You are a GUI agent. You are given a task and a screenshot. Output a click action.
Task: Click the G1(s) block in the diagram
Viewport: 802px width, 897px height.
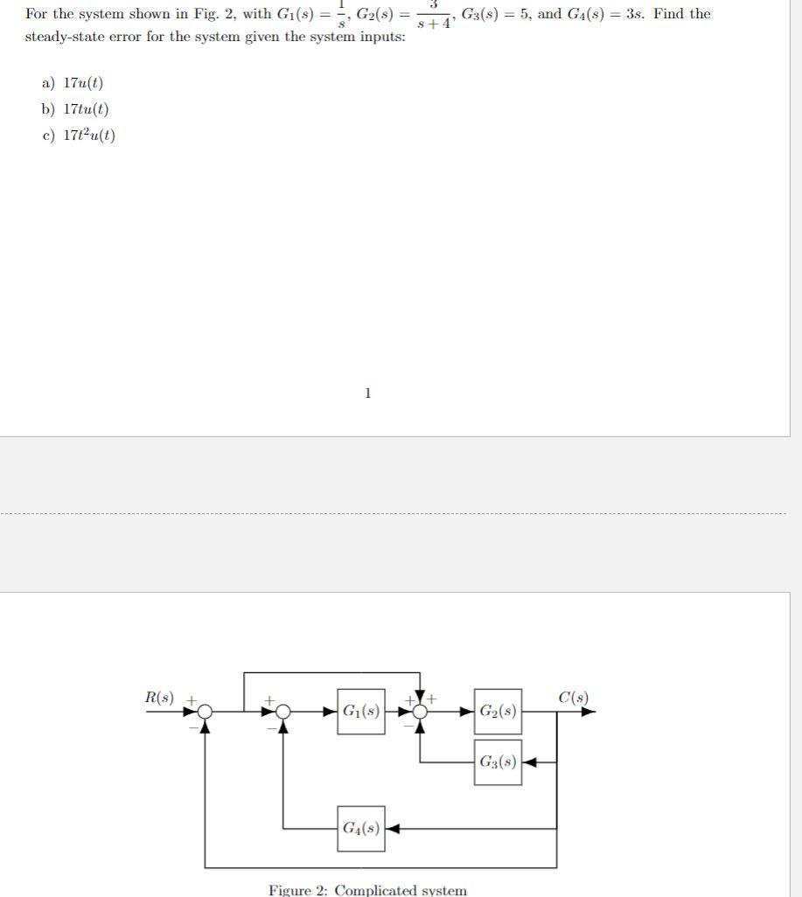click(360, 711)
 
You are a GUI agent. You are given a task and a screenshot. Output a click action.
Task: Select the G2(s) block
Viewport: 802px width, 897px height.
click(498, 712)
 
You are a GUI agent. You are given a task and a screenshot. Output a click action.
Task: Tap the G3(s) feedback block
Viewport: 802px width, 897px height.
click(498, 761)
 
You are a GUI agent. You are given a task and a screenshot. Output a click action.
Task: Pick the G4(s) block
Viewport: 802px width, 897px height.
click(360, 828)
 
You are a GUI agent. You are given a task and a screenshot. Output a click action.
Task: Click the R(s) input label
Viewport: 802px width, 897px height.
click(159, 698)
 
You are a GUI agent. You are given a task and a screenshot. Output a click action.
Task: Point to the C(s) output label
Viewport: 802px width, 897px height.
click(573, 698)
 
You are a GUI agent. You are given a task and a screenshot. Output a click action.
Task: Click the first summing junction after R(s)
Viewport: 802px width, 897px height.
click(205, 712)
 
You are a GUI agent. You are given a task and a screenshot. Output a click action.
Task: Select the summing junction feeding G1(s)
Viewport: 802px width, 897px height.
click(282, 712)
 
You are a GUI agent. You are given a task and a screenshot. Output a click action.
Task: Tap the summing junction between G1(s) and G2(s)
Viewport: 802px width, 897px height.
click(421, 712)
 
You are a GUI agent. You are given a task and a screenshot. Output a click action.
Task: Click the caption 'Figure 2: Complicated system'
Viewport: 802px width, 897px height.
click(367, 890)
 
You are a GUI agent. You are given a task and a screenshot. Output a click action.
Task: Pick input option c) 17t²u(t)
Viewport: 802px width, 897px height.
click(79, 136)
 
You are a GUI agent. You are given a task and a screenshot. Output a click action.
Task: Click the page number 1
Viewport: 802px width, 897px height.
click(367, 393)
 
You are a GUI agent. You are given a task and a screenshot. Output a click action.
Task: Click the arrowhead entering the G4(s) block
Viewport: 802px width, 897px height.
click(392, 828)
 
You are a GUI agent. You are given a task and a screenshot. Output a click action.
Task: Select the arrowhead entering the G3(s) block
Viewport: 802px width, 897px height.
click(528, 761)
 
